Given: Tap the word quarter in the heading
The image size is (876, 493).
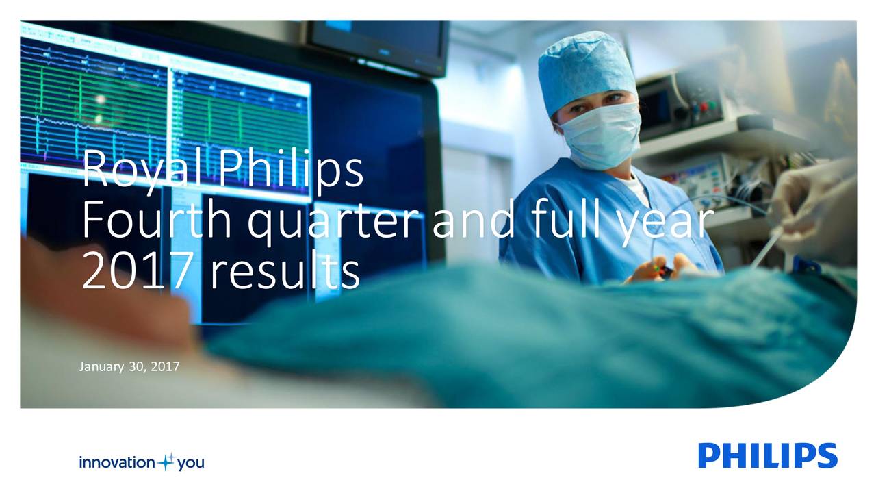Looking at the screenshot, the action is [335, 224].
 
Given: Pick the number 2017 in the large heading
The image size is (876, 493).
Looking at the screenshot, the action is [138, 270].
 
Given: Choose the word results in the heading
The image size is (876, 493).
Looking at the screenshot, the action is [285, 270].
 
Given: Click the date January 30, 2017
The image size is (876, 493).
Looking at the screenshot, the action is [129, 367].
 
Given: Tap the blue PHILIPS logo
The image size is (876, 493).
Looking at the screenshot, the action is [768, 456].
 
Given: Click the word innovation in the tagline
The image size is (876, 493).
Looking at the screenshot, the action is [117, 462].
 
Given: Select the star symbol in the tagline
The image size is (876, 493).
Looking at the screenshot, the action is [168, 462].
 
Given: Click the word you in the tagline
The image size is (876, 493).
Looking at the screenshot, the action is [191, 464].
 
